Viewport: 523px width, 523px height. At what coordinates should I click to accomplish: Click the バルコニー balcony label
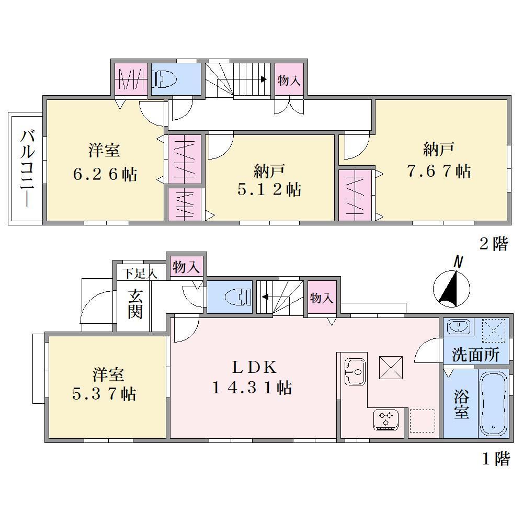[x=27, y=169]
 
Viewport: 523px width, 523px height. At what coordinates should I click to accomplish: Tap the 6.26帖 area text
[x=105, y=174]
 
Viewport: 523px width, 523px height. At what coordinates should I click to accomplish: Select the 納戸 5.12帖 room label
[x=269, y=180]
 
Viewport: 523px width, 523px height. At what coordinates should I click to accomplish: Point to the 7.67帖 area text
[x=439, y=171]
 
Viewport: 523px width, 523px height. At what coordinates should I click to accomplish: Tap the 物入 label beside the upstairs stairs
[x=289, y=81]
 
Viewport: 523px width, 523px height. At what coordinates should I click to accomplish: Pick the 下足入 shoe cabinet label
[x=139, y=274]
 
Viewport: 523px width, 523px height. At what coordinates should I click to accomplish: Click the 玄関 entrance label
[x=135, y=304]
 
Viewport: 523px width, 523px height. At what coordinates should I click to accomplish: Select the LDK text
[x=255, y=367]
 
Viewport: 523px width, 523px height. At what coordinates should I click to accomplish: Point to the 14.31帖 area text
[x=252, y=388]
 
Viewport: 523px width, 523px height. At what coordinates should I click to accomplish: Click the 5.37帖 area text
[x=104, y=394]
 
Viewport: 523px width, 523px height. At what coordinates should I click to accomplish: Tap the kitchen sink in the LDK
[x=355, y=372]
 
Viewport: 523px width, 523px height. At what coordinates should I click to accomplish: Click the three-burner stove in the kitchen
[x=386, y=419]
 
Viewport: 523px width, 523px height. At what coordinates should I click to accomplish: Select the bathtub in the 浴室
[x=493, y=403]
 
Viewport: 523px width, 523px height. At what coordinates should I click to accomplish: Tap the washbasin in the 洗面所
[x=460, y=326]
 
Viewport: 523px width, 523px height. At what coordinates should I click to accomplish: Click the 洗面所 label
[x=475, y=355]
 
